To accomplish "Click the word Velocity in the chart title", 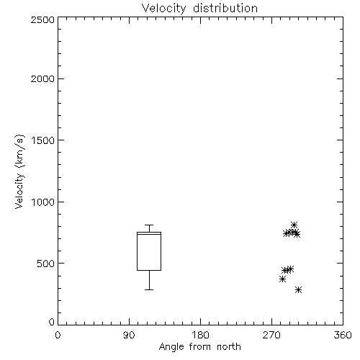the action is [x=164, y=9].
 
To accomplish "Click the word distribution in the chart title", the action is [x=225, y=8].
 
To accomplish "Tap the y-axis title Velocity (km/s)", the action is [x=19, y=171].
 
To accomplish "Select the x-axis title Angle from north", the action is [x=199, y=346].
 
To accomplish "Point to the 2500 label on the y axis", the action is [x=42, y=19].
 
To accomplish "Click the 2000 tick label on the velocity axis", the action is [x=42, y=78].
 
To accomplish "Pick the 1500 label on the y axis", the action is [x=43, y=140].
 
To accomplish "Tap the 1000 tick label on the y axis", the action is [x=43, y=202].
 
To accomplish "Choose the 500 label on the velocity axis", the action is [x=46, y=264].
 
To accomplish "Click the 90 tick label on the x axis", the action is [x=129, y=335].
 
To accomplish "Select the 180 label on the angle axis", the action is [x=199, y=335].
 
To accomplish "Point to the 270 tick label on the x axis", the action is [x=271, y=335].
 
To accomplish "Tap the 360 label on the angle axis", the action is [x=343, y=335].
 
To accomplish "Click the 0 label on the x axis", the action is [x=58, y=335].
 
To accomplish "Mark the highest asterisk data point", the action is [x=294, y=225].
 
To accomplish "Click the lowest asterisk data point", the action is [x=298, y=290].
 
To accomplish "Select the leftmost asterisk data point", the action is [x=282, y=279].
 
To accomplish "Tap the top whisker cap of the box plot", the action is [x=149, y=225].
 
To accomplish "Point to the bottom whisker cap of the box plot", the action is [x=149, y=289].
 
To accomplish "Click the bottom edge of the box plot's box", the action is [x=149, y=270].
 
